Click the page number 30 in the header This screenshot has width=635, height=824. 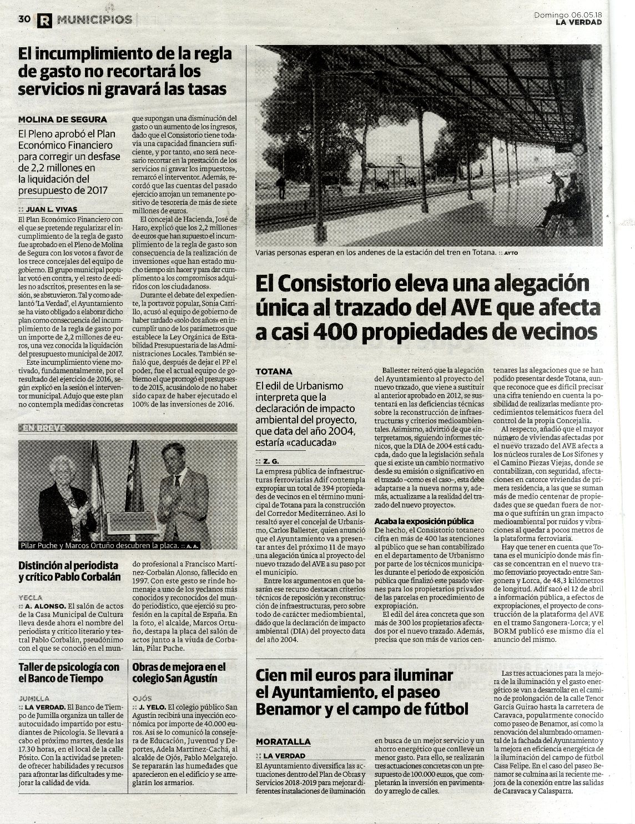coord(23,19)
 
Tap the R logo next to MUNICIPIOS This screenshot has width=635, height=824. coord(44,21)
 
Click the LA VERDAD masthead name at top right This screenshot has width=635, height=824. coord(579,23)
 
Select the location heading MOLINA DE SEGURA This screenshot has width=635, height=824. coord(62,119)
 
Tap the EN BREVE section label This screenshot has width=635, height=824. coord(44,428)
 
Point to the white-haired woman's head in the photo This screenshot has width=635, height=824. coord(61,468)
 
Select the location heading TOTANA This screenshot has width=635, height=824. coord(274,371)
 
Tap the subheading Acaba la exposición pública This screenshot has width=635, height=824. coord(424,521)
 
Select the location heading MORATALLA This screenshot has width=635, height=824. coord(283,742)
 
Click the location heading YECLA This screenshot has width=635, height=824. coord(31,597)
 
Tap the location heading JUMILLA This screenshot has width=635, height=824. coord(34,698)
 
